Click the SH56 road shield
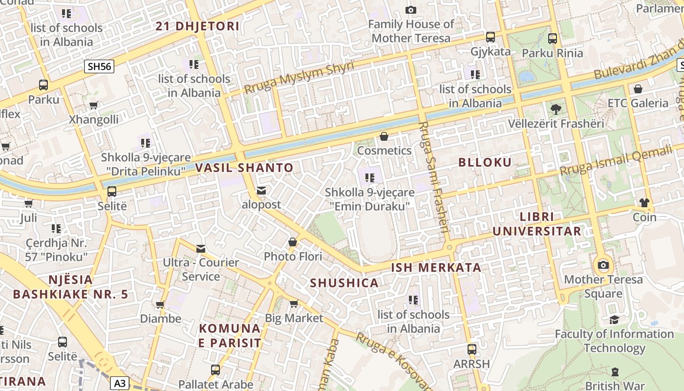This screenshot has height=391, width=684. (x=99, y=66)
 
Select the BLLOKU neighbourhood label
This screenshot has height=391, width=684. (x=485, y=163)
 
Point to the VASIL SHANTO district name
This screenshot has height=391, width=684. (x=244, y=168)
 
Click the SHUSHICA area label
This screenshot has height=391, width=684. (x=344, y=283)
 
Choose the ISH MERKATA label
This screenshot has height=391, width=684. (x=436, y=268)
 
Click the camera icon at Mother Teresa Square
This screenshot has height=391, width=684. (x=603, y=265)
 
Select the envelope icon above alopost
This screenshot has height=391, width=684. (x=261, y=190)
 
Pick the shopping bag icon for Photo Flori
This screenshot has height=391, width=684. (x=293, y=242)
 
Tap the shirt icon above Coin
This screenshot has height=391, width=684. (x=644, y=202)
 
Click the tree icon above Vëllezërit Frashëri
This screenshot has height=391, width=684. (x=556, y=109)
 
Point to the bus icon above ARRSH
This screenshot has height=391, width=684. (x=471, y=349)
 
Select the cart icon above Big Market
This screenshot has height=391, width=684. (x=294, y=304)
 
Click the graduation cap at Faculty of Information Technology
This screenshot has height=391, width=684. (x=614, y=320)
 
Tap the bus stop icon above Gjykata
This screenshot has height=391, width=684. (x=490, y=37)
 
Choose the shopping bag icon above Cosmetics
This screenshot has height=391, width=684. (x=384, y=136)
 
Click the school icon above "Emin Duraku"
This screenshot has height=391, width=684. (x=370, y=178)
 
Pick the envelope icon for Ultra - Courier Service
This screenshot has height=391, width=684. (x=201, y=248)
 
